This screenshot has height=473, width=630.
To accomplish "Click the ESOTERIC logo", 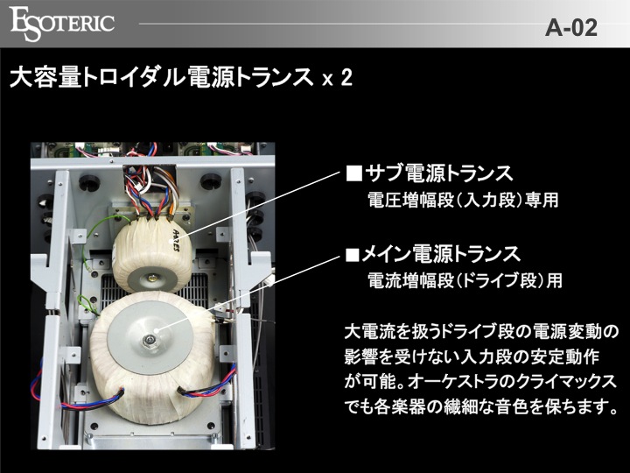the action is click(x=62, y=24).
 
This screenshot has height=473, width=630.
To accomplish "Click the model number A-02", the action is click(x=570, y=28).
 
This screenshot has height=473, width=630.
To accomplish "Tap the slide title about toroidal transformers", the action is click(x=181, y=76).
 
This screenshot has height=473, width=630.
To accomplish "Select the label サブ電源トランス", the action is click(x=438, y=173).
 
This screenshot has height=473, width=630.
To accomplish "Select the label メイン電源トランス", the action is click(x=441, y=254).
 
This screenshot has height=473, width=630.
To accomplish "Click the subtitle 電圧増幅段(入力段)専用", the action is click(x=463, y=200).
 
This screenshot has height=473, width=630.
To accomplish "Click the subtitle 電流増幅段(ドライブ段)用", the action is click(x=465, y=280).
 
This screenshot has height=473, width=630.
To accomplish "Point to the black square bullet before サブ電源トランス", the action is click(x=354, y=173).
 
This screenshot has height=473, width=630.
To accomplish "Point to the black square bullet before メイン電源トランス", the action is click(x=353, y=254).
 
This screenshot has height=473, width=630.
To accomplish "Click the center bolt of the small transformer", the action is click(x=151, y=278).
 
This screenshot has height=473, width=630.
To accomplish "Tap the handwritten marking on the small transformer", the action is click(x=176, y=241).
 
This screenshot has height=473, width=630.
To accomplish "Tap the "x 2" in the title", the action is click(x=338, y=78).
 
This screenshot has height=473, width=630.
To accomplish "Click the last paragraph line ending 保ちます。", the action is click(x=481, y=406).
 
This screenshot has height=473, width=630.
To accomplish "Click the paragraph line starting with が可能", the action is click(x=480, y=382).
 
